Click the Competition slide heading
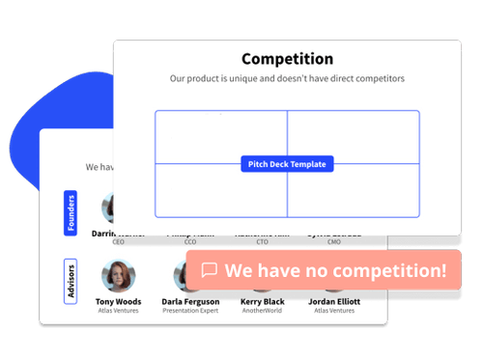point(287,60)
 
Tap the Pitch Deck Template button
point(287,164)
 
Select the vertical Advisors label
point(71,280)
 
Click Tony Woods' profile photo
point(118,276)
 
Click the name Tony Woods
point(118,301)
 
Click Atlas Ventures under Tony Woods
point(118,311)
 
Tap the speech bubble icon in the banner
point(209,271)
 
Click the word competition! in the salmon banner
point(391,271)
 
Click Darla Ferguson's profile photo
point(189,277)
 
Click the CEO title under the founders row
point(118,242)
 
